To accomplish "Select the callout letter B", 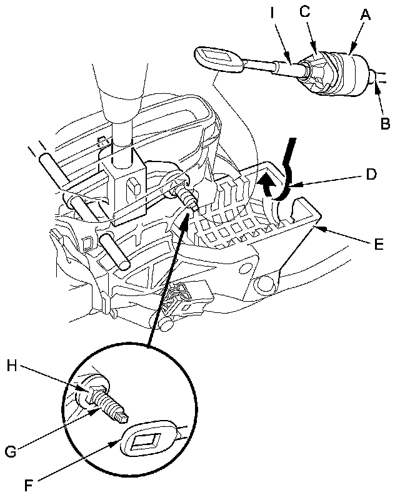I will click(x=385, y=123).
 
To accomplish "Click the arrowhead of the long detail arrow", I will click(x=186, y=218).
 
